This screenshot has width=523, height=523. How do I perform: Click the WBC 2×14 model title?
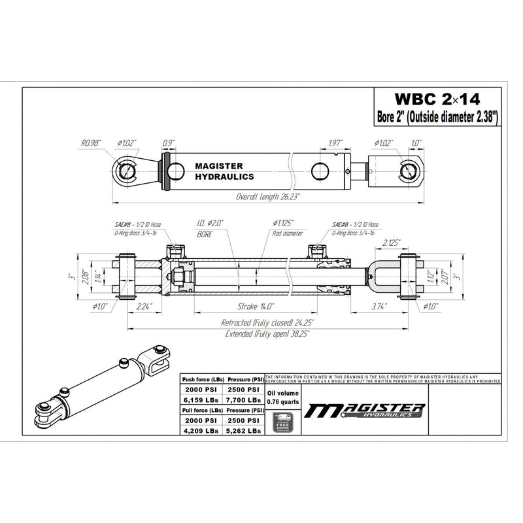[x=437, y=99]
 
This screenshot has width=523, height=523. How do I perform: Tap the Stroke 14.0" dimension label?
[x=256, y=306]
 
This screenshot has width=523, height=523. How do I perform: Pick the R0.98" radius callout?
[x=91, y=142]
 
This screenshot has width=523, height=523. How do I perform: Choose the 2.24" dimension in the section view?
[x=144, y=306]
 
